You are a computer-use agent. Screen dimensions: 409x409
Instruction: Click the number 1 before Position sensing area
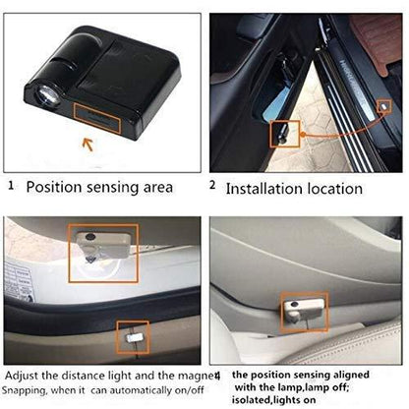11,184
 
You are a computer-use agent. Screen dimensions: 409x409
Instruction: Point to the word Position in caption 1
53,185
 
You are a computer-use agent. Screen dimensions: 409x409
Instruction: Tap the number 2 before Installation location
212,184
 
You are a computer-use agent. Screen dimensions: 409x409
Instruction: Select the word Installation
264,185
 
